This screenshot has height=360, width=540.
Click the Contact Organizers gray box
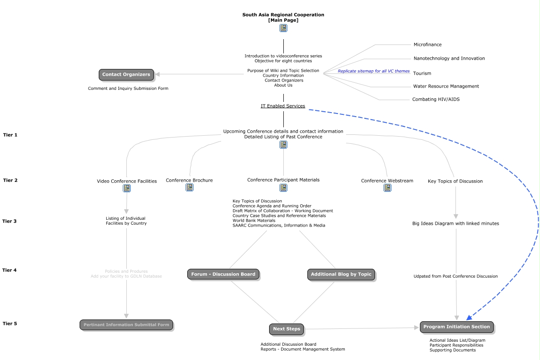click(x=126, y=75)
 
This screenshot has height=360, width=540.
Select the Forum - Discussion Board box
click(x=223, y=274)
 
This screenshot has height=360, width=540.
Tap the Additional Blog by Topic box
click(x=341, y=275)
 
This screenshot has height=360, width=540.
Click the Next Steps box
click(x=286, y=329)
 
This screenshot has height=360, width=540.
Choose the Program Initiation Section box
click(x=456, y=327)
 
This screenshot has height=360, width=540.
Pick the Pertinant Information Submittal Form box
click(x=126, y=325)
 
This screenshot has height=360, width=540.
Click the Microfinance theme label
click(x=427, y=45)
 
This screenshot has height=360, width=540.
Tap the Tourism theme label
click(x=422, y=73)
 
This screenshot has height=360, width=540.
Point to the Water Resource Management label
click(x=446, y=86)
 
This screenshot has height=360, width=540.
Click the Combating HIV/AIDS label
click(x=435, y=100)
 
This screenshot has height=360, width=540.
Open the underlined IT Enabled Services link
click(x=283, y=106)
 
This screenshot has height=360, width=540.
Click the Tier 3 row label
click(x=9, y=222)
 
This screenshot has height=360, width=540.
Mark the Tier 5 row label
click(x=10, y=324)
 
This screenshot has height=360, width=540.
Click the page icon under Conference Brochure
click(x=189, y=187)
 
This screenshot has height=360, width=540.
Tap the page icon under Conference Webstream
click(x=387, y=188)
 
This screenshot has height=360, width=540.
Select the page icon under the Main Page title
click(x=283, y=28)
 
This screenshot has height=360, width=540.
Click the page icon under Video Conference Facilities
click(x=127, y=188)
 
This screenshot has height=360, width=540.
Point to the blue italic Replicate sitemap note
click(x=373, y=71)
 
